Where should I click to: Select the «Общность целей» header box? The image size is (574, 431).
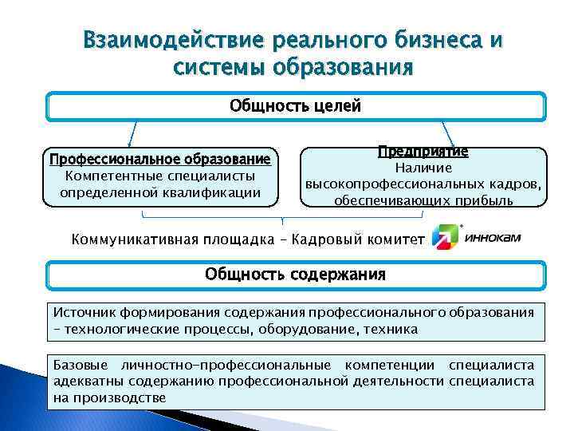pos(295,106)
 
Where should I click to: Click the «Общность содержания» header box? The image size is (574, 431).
pos(295,275)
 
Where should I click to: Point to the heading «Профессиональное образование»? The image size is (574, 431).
pos(160,159)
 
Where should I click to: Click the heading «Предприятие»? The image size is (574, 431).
pos(423,151)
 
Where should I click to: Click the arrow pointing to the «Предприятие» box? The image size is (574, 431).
pos(449,132)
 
